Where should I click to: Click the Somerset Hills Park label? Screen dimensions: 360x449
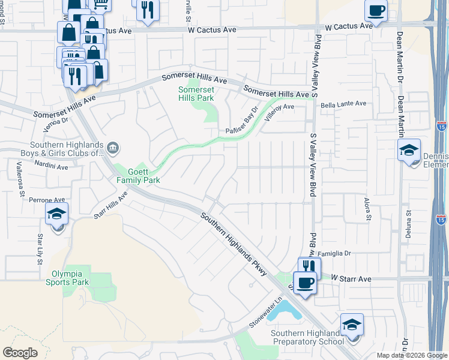(x=196, y=94)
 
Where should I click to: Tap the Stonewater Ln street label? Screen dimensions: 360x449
(x=265, y=319)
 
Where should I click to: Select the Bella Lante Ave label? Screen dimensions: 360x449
(x=343, y=104)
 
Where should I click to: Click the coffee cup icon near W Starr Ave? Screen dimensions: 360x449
(x=305, y=283)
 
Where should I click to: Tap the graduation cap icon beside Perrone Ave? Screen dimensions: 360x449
(x=56, y=214)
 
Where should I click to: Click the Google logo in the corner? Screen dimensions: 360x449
(x=20, y=353)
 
